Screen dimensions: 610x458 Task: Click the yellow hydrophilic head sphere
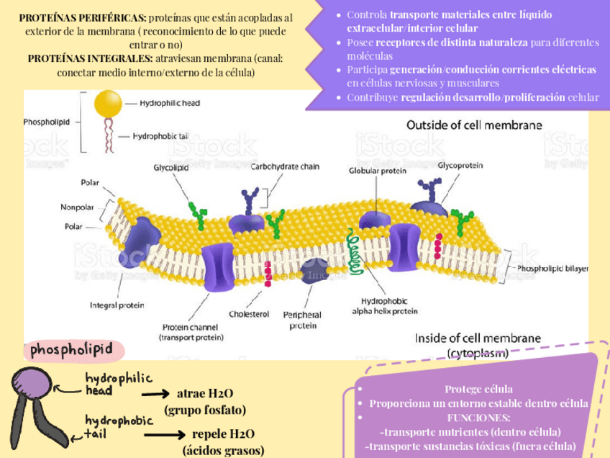pos(109,104)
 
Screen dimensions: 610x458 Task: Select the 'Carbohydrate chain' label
pos(285,166)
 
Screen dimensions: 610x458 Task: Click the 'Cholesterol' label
pos(248,314)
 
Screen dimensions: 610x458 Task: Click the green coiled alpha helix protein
pos(353,250)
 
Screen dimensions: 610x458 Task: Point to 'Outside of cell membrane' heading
pos(474,125)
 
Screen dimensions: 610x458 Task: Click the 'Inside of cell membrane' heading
pos(477,338)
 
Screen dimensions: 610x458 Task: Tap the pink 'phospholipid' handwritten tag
pos(71,349)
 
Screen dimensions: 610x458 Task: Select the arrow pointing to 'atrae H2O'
pos(156,395)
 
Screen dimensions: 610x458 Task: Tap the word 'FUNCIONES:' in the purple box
pos(478,418)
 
